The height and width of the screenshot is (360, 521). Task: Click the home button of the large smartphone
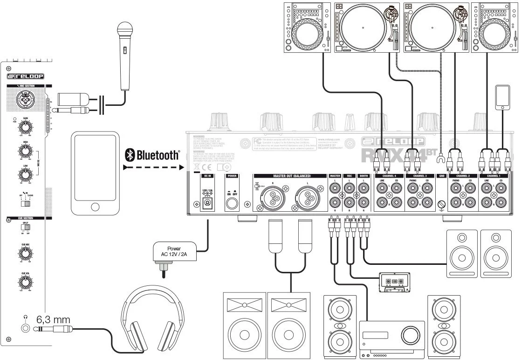(x=96, y=206)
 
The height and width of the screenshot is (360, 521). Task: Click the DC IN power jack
(x=207, y=204)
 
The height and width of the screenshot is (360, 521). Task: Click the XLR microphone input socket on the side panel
(x=24, y=99)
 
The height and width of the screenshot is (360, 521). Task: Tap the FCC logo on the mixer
(x=258, y=141)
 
